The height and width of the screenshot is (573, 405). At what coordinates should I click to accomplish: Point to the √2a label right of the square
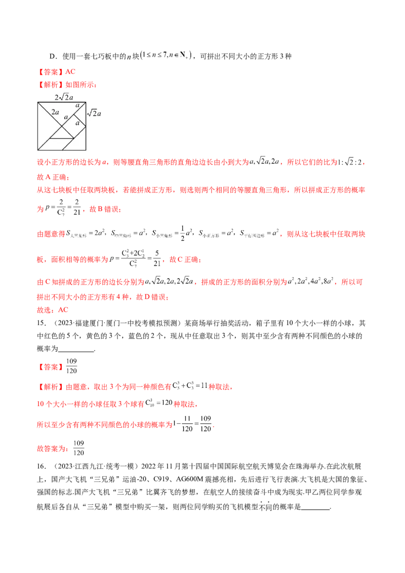pos(95,113)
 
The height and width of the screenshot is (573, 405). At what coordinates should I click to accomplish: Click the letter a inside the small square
pos(77,123)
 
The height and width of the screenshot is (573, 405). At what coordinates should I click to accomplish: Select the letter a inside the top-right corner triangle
pos(77,105)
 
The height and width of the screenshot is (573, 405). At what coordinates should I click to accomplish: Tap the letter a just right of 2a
pos(65,116)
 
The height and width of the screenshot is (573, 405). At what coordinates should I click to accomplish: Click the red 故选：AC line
pos(52,310)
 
